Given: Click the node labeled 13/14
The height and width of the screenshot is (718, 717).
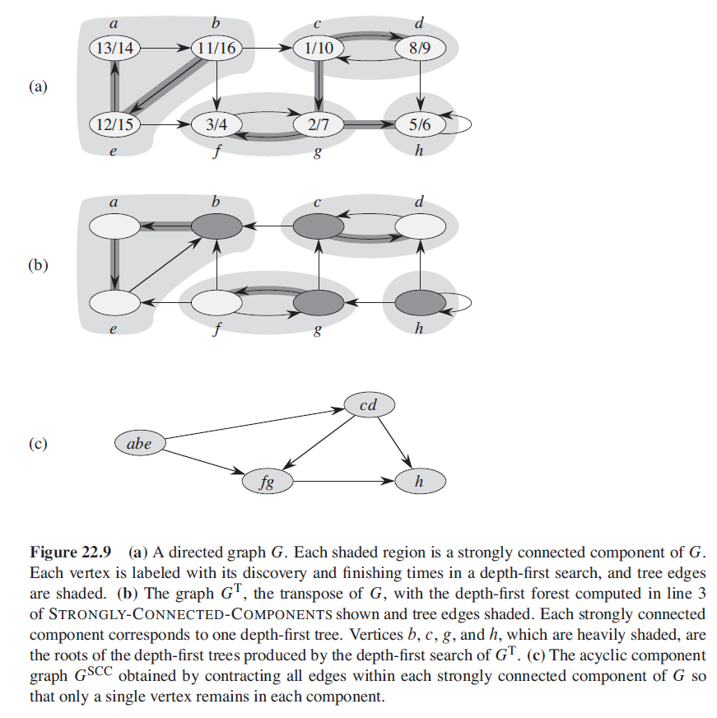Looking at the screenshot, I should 114,49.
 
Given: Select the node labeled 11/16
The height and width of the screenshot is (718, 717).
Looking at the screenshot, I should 216,49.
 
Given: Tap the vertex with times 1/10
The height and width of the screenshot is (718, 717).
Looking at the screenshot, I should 319,49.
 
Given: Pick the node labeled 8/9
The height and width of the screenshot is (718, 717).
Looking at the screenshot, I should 420,49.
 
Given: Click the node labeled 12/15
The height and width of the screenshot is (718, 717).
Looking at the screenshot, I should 114,125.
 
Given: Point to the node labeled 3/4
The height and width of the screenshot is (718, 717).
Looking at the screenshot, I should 216,125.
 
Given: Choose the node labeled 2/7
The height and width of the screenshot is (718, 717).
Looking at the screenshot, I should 319,125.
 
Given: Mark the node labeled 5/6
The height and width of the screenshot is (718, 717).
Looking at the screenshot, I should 420,125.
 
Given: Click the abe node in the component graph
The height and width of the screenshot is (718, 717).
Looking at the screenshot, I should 139,443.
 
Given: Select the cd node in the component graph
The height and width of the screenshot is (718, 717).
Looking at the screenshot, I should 370,405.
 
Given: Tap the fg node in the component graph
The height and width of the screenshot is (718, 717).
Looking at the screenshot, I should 267,482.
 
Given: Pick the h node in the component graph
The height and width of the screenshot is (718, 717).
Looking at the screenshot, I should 420,482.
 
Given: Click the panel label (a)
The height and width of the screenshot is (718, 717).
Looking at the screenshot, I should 38,86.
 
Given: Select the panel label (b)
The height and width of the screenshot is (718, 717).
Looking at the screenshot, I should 38,265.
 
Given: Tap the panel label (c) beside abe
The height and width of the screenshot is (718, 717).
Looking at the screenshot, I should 38,443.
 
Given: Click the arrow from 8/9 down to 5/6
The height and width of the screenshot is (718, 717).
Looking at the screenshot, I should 420,86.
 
